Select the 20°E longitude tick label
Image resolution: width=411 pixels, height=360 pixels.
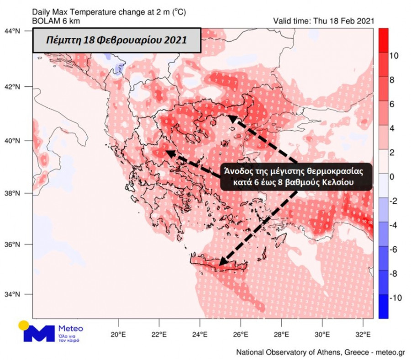click(x=118, y=334)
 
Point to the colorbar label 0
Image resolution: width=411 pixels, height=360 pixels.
click(x=392, y=177)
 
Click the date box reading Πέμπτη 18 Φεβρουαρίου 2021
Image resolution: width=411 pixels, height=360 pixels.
click(x=116, y=40)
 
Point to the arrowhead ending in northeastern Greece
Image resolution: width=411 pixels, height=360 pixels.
click(x=231, y=118)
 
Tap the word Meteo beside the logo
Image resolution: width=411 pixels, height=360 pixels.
click(x=71, y=328)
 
